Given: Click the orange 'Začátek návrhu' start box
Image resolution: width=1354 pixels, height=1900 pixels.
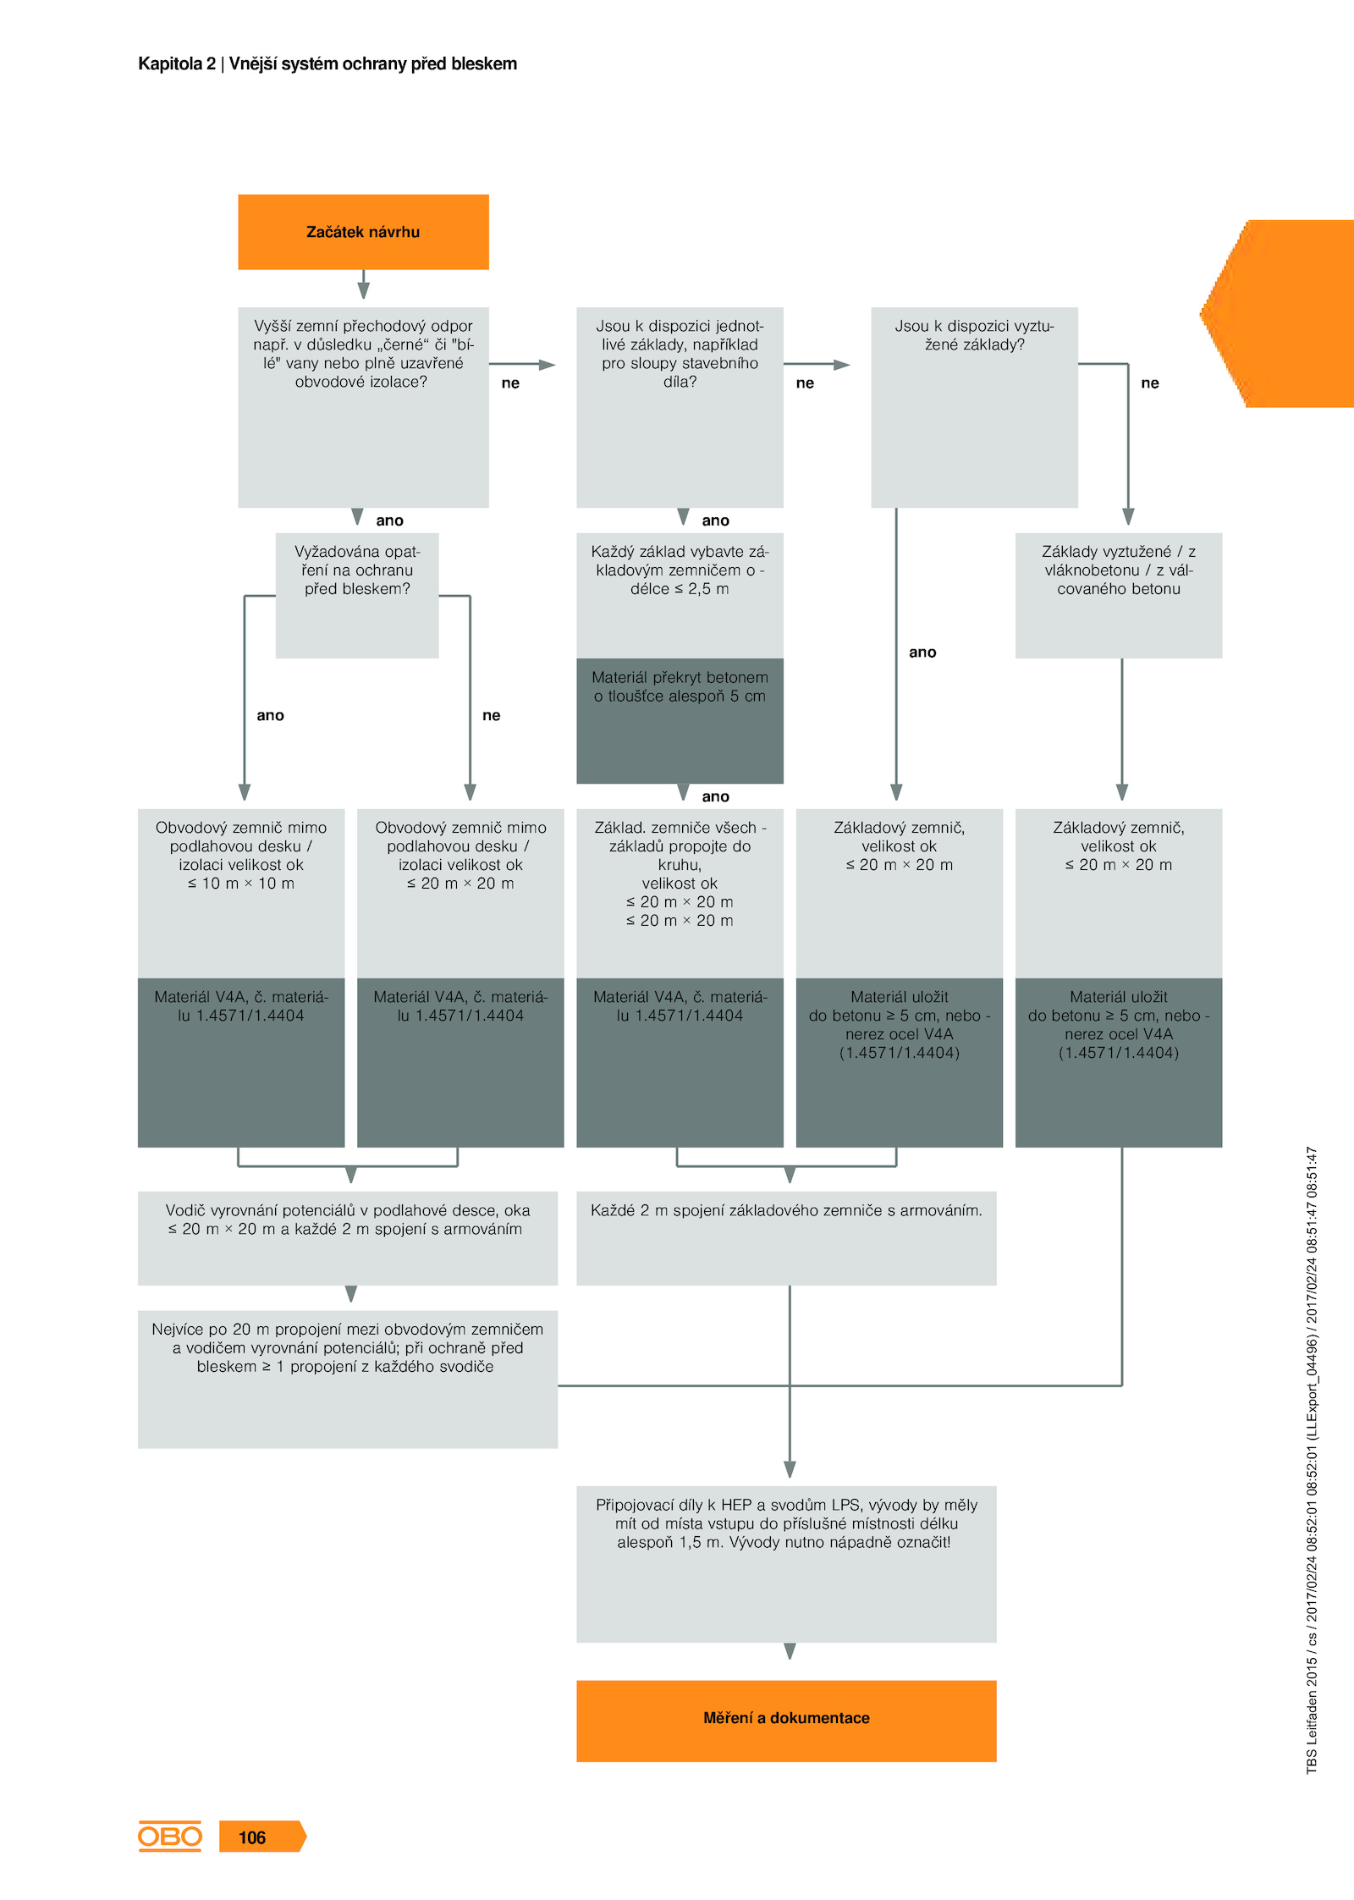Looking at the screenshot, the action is pos(363,232).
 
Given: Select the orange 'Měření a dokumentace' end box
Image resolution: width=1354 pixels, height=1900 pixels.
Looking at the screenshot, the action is pos(786,1721).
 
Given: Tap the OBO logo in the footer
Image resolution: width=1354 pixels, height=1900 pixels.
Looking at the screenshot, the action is pos(169,1836).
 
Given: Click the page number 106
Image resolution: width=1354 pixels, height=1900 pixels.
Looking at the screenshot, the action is pos(252,1837).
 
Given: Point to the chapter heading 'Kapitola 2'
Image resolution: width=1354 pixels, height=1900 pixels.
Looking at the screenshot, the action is pos(177,63).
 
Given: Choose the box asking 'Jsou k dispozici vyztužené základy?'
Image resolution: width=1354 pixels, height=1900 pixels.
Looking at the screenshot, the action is pos(974,407).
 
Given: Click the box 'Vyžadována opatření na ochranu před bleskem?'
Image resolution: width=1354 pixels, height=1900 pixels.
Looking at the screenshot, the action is pos(357,595).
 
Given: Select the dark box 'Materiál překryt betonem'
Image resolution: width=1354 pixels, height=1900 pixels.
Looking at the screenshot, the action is pos(680,721).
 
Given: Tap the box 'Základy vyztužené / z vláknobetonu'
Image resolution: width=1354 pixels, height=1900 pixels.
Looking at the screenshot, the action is pos(1119,595).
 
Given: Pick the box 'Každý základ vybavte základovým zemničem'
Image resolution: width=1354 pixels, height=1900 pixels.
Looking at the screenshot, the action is pos(680,595).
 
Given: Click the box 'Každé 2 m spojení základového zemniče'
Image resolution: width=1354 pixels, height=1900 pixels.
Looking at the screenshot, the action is pos(786,1238).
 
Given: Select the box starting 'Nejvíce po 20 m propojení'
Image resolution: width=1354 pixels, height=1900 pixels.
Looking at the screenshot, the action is pos(348,1380).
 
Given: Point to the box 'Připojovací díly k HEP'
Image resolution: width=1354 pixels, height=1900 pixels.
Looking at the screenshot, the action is pos(786,1564).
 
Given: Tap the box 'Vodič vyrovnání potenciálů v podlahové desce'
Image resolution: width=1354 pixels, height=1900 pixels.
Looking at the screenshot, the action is pos(348,1238).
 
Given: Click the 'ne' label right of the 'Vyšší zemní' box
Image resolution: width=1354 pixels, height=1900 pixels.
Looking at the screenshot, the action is pos(510,383).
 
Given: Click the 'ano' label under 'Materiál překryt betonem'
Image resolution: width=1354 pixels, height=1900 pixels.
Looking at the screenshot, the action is pos(715,796).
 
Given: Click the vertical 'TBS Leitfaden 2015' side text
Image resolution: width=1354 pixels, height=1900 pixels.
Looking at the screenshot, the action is pos(1312,1460).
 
